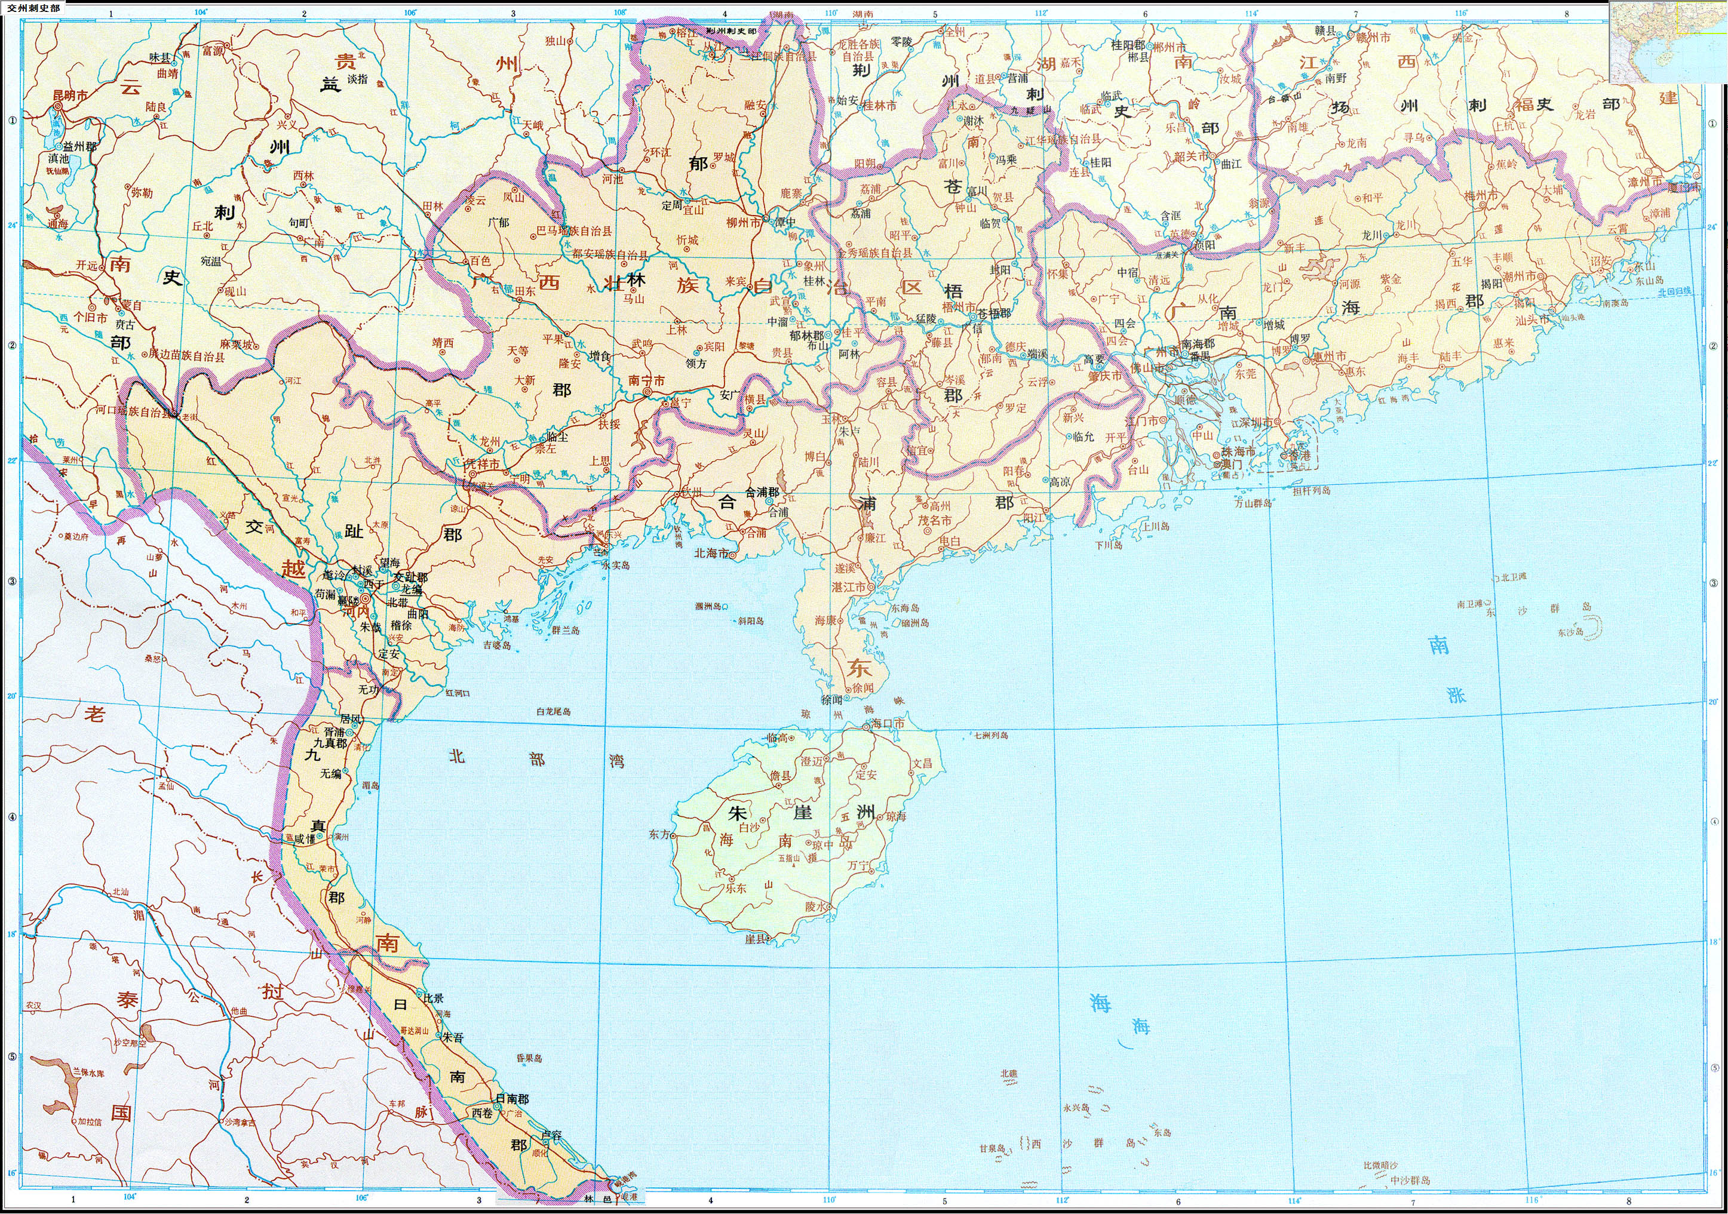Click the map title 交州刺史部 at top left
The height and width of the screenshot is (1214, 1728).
click(32, 8)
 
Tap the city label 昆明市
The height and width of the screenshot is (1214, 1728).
click(70, 96)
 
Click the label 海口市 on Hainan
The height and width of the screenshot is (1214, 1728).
click(888, 723)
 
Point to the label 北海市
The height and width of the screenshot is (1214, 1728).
click(711, 553)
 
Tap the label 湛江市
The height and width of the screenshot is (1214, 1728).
click(848, 586)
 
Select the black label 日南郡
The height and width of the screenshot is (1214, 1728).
click(512, 1099)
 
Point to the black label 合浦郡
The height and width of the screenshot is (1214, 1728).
click(762, 492)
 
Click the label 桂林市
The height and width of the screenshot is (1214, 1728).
click(880, 107)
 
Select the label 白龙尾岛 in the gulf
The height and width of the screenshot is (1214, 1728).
click(553, 711)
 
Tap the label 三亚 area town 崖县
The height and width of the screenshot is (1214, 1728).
click(756, 939)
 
